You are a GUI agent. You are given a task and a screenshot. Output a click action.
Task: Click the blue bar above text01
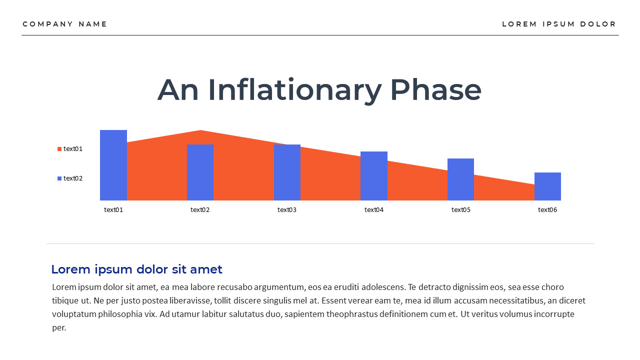[113, 165]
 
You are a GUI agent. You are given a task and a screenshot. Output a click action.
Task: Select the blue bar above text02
[200, 172]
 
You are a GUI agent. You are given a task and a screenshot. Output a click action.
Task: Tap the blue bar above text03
[287, 172]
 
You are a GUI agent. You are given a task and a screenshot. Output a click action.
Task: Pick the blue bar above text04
[374, 176]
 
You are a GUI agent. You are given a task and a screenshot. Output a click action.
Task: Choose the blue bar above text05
[460, 179]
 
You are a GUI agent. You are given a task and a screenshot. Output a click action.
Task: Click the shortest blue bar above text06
[547, 186]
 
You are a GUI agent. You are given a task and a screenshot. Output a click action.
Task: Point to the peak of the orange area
[200, 132]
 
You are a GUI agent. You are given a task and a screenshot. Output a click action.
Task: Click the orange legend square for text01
[59, 149]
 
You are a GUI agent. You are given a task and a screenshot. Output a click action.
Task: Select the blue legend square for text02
[59, 178]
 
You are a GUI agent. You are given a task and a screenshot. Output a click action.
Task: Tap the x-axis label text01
[113, 210]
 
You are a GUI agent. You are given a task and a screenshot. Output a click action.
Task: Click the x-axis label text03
[287, 210]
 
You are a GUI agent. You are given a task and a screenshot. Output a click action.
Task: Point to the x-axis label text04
[374, 210]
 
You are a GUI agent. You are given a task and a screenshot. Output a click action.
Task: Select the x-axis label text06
[547, 210]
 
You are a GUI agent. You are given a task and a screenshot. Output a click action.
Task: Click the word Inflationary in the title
[294, 90]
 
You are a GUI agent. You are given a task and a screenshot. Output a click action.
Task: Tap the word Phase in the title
[435, 90]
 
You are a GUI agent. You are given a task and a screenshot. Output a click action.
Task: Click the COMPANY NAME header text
[65, 24]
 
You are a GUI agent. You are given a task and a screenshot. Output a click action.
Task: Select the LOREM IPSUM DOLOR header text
[559, 24]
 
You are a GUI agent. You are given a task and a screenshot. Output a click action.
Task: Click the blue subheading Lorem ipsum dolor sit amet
[136, 269]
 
